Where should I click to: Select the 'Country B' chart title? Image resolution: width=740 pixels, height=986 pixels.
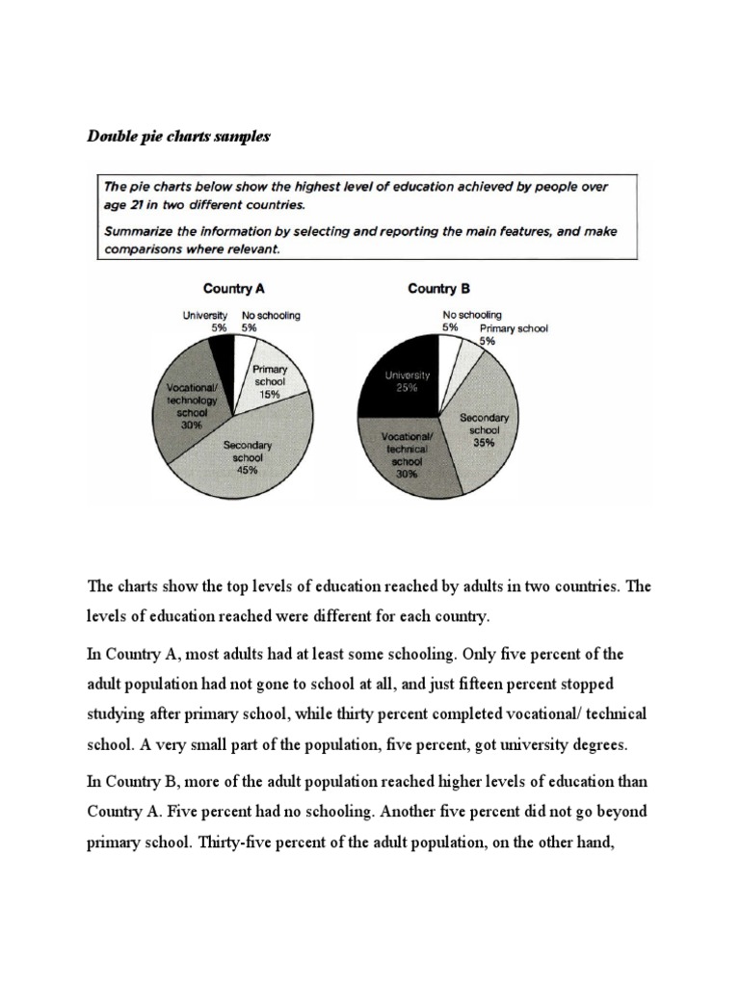coord(438,288)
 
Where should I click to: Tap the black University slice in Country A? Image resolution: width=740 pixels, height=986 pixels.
coord(224,356)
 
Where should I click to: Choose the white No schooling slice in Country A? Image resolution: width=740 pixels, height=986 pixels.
coord(245,348)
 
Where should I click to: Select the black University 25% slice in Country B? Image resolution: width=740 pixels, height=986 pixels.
coord(399,380)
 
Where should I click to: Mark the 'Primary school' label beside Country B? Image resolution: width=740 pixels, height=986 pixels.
coord(514,328)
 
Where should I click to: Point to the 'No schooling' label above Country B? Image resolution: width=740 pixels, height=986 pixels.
coord(472,315)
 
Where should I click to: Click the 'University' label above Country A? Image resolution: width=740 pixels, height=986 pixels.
coord(204,315)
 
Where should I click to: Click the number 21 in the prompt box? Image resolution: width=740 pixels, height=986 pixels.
coord(135,204)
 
